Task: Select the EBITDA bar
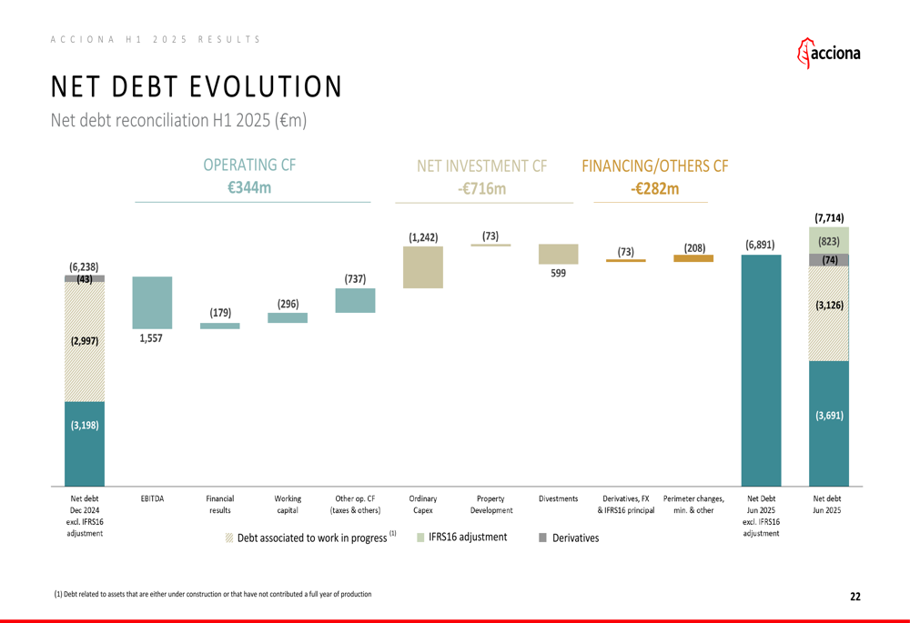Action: [151, 302]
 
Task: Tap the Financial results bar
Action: [219, 326]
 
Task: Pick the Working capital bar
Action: [288, 317]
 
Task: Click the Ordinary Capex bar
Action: [422, 267]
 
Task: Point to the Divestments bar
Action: [558, 254]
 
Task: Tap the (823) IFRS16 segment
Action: [828, 241]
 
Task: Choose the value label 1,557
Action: [151, 338]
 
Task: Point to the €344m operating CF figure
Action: [249, 188]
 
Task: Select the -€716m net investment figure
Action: [481, 189]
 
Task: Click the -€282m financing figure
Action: [654, 189]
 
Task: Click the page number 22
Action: [854, 597]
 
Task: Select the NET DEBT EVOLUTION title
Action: [197, 86]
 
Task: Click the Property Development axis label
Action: [490, 505]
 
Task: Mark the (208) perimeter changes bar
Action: [693, 258]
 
